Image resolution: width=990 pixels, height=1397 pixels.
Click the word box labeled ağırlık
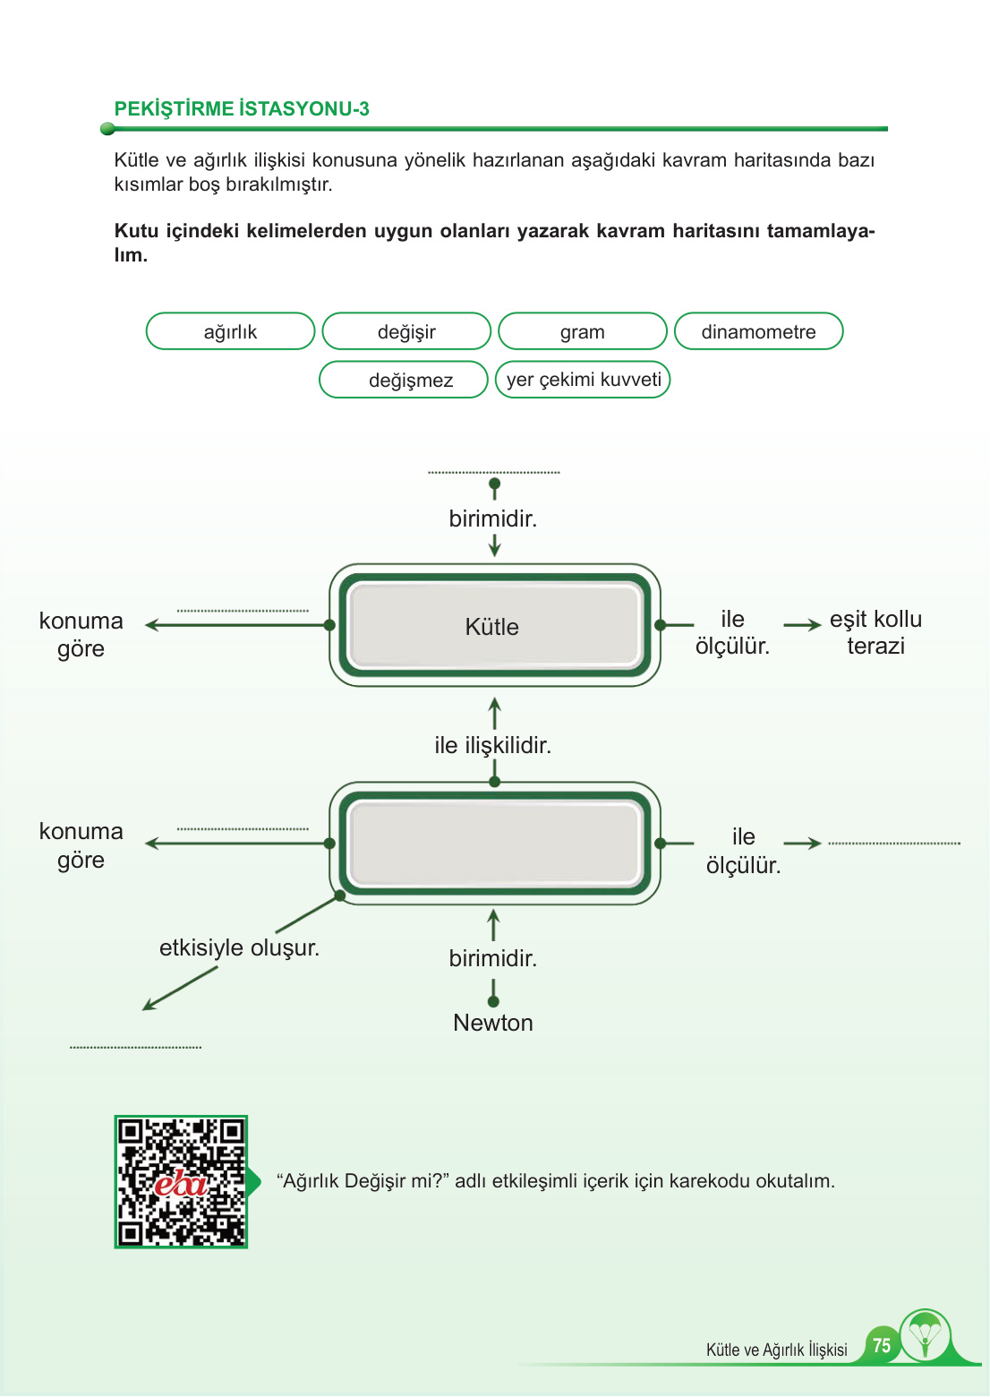point(230,331)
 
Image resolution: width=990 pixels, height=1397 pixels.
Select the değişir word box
point(406,331)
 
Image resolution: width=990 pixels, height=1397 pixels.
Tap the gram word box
point(582,331)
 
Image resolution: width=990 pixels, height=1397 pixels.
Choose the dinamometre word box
point(758,331)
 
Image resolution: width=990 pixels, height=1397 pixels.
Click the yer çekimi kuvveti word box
point(583,379)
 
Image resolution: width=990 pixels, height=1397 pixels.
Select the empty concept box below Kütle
point(494,844)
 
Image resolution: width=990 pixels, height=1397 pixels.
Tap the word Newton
point(493,1023)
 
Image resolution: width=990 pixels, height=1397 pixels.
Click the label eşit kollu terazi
point(875,632)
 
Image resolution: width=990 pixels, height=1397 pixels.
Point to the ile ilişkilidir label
point(492,745)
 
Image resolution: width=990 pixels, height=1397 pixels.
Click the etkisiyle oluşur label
point(239,947)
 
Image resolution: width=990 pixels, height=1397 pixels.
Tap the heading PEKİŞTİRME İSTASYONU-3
point(242,109)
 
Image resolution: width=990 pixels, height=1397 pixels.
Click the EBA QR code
point(181,1181)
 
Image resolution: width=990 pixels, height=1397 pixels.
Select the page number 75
point(882,1345)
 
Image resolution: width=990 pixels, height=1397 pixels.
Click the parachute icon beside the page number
point(925,1335)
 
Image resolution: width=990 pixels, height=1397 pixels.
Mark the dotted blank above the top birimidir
point(493,471)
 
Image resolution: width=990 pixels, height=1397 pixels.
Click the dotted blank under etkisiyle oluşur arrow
point(135,1046)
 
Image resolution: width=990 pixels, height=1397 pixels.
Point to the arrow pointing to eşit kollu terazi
point(802,625)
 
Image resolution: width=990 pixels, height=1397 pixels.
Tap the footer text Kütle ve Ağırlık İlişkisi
point(776,1350)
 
